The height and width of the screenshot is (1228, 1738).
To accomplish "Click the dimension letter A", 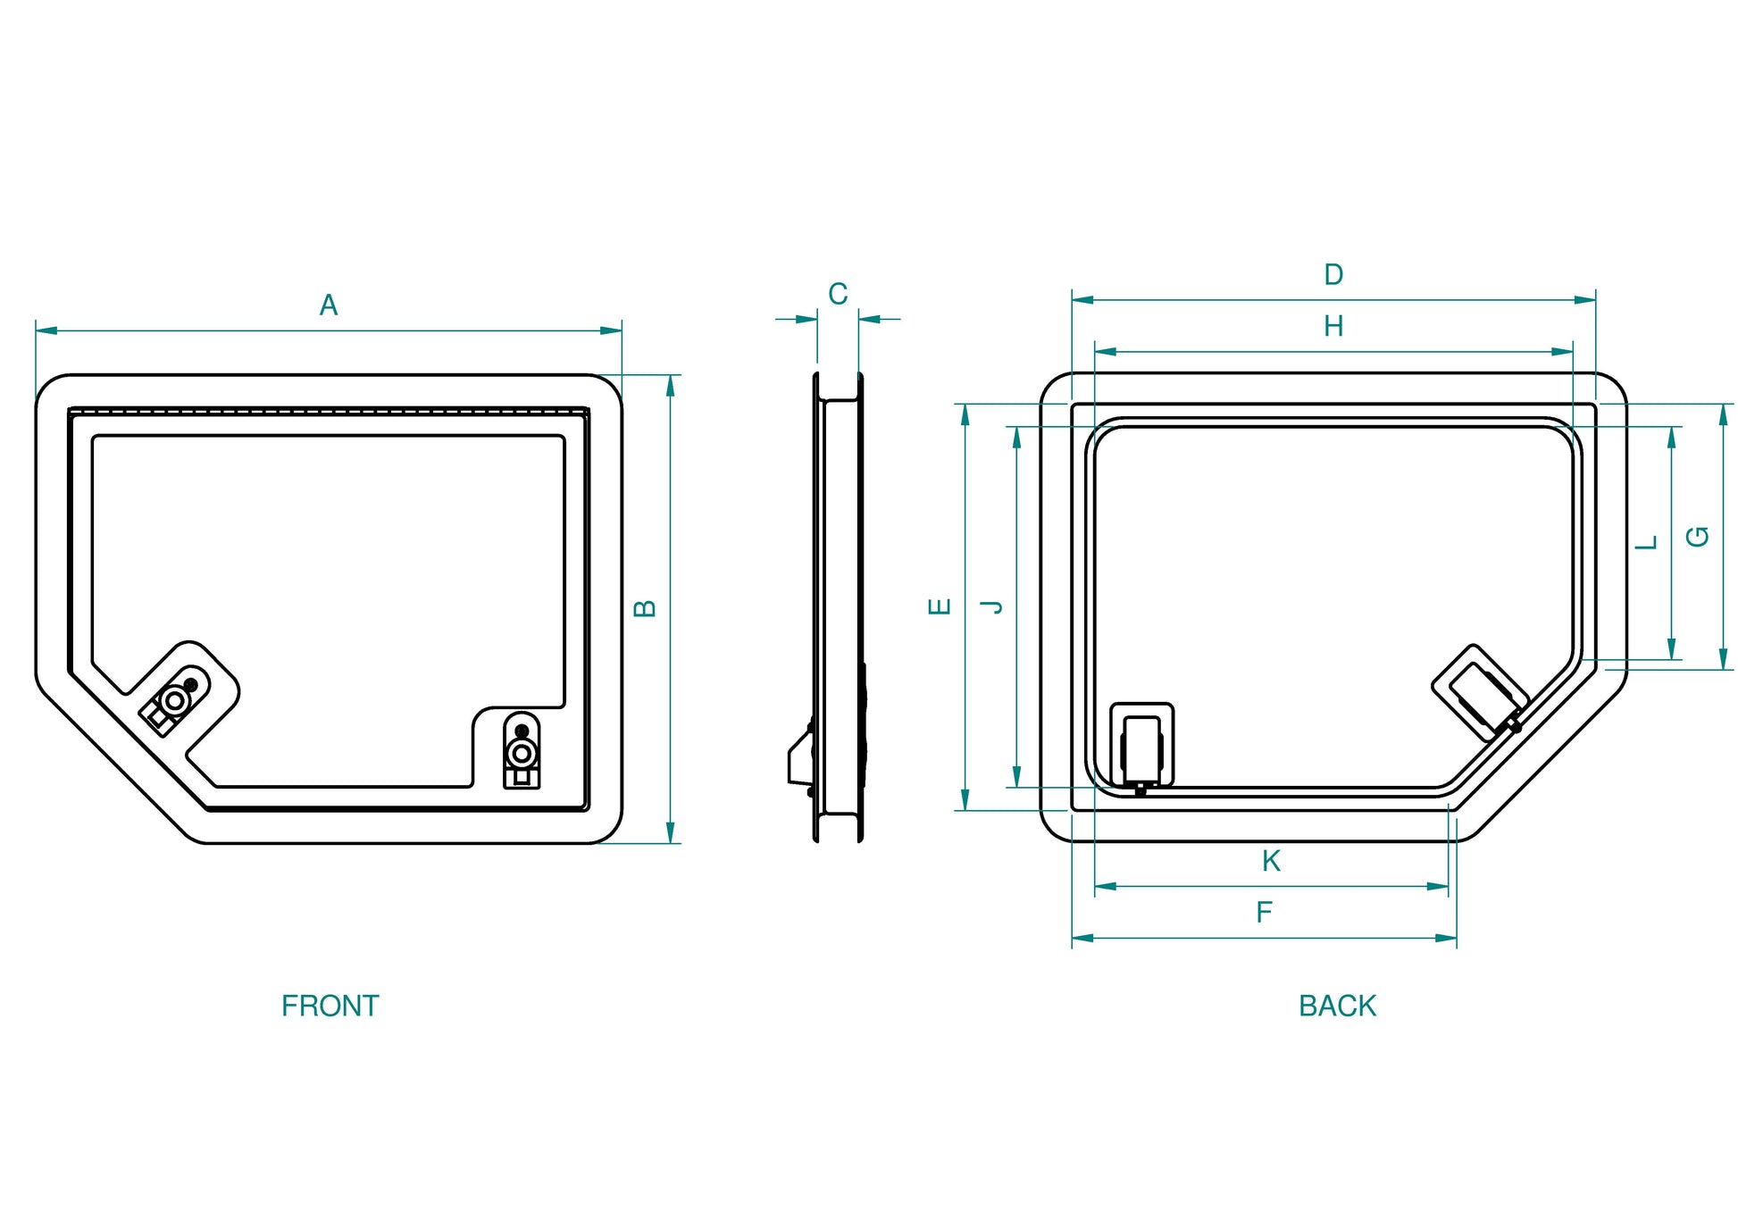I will pyautogui.click(x=329, y=305).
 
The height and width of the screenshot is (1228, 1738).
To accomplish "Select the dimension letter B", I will pyautogui.click(x=645, y=608).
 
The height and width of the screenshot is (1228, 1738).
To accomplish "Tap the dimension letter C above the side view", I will pyautogui.click(x=838, y=294).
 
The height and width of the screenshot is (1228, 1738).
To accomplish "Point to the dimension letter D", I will pyautogui.click(x=1333, y=274).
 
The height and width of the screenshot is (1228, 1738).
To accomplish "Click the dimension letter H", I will pyautogui.click(x=1333, y=326).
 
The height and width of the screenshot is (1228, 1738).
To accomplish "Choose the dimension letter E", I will pyautogui.click(x=940, y=607).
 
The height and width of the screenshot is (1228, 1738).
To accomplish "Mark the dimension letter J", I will pyautogui.click(x=991, y=607).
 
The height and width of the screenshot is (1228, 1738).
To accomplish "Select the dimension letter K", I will pyautogui.click(x=1271, y=861).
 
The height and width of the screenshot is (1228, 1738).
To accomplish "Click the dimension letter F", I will pyautogui.click(x=1264, y=912).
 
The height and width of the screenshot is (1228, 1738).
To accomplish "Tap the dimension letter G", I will pyautogui.click(x=1697, y=537).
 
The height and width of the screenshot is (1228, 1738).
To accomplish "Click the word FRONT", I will pyautogui.click(x=330, y=1006).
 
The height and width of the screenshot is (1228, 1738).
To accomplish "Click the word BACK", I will pyautogui.click(x=1337, y=1006).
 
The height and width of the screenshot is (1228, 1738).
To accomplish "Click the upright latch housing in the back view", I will pyautogui.click(x=1141, y=747).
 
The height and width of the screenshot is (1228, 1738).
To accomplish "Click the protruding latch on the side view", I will pyautogui.click(x=798, y=759).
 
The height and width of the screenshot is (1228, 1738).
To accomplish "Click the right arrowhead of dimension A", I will pyautogui.click(x=612, y=330).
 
